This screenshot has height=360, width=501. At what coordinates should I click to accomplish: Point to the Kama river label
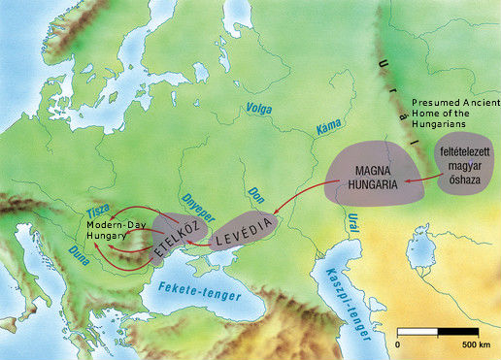(329, 127)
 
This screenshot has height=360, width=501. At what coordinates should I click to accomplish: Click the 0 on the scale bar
(399, 344)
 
